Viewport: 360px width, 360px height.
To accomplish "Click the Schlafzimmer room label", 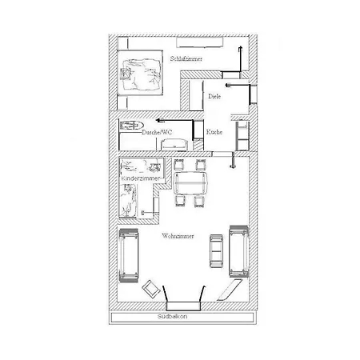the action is [186, 58].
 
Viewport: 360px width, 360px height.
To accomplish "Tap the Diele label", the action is [214, 96].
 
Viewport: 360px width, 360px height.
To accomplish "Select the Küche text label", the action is [214, 132].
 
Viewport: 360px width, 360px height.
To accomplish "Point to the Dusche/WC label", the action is [157, 132].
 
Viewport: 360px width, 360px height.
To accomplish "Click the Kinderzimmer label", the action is [140, 178].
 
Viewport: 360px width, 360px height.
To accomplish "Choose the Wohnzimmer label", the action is [178, 236].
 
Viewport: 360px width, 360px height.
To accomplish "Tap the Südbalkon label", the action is [172, 317].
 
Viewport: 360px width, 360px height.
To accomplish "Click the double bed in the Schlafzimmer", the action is [140, 73].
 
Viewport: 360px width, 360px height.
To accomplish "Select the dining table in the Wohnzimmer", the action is [190, 183].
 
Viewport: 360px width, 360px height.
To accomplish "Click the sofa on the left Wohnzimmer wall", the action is [129, 255].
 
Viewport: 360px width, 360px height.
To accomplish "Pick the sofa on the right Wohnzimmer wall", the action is [239, 251].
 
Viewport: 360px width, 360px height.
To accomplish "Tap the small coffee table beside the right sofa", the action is [216, 251].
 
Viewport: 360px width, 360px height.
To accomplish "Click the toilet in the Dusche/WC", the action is [132, 125].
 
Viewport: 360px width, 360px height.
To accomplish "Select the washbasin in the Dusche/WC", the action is [174, 144].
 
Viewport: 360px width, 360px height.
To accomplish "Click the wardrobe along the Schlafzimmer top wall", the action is [200, 42].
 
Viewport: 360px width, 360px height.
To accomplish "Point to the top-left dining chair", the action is [179, 164].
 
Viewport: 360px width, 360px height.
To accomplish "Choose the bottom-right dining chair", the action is [199, 202].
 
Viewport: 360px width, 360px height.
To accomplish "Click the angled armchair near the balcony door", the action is [151, 289].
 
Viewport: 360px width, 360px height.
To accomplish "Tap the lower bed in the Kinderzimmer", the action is [128, 201].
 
